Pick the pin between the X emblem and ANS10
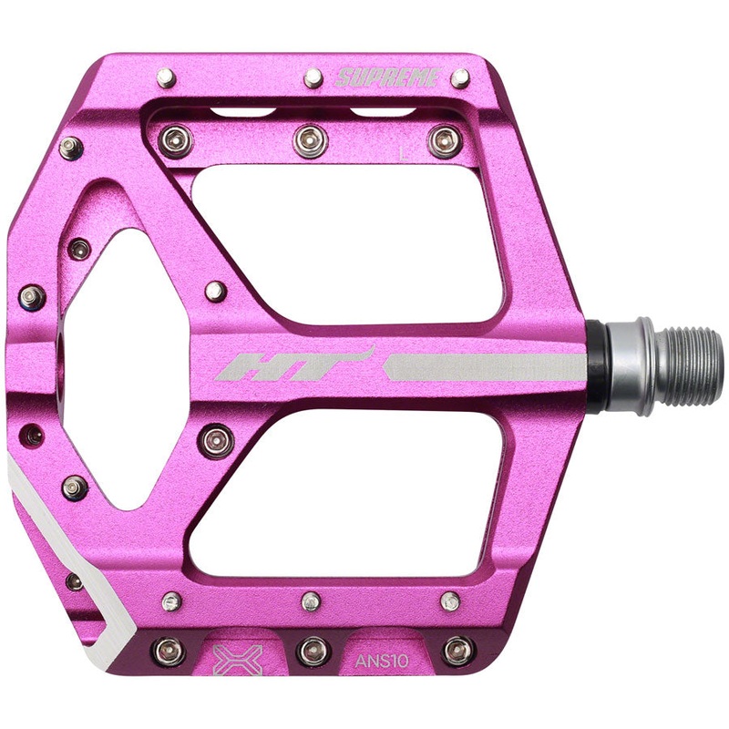tap(313, 651)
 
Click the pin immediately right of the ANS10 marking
tap(457, 651)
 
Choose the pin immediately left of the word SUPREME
tap(313, 77)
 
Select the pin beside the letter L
tap(444, 140)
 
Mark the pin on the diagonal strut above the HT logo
tap(216, 292)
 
